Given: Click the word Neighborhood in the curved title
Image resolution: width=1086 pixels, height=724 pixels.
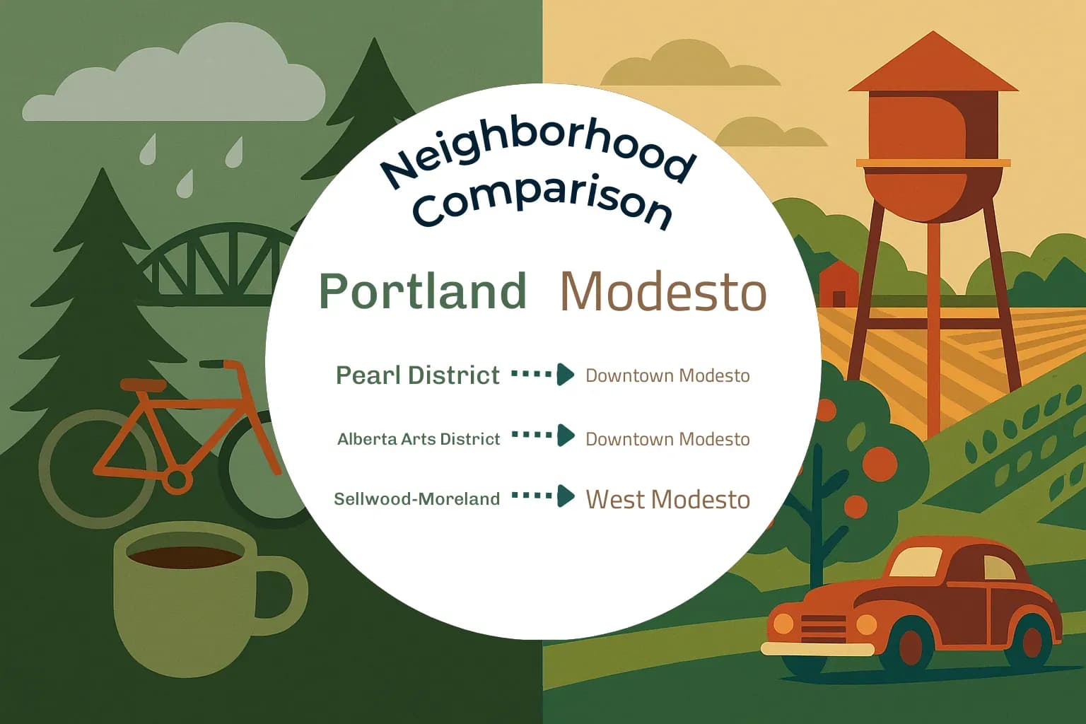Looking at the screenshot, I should click(537, 152).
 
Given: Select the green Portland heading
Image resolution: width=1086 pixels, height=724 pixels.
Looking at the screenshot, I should click(423, 291).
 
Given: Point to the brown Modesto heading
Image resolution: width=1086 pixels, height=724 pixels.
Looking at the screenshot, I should click(663, 292).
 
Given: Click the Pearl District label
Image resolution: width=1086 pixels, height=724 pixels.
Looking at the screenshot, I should click(418, 375).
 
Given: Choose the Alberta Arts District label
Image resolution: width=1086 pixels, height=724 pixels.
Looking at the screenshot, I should click(419, 439).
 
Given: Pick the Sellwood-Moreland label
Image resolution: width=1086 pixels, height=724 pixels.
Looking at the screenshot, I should click(417, 499).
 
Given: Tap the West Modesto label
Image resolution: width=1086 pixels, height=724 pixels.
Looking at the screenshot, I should click(667, 499).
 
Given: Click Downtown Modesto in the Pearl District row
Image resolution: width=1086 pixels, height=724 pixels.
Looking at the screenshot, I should click(667, 375).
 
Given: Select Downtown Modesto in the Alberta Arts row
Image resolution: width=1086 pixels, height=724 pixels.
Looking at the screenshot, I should click(667, 439).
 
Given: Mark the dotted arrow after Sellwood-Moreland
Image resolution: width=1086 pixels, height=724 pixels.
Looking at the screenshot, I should click(543, 496).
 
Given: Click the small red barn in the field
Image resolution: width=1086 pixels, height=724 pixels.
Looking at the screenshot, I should click(839, 283).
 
